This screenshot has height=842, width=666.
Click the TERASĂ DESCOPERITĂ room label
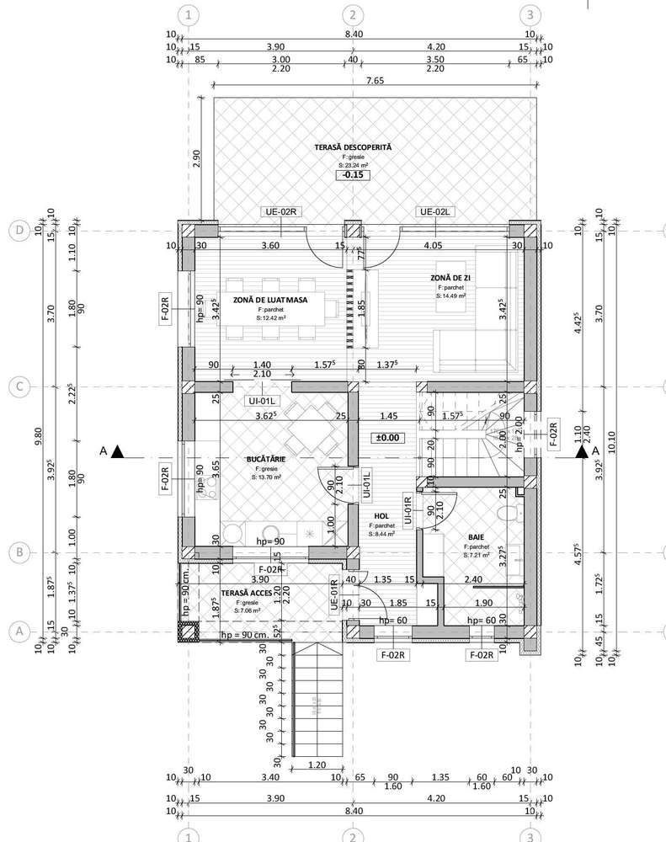353,147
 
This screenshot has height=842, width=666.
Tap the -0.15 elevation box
353,176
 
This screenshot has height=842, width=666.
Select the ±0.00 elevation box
388,438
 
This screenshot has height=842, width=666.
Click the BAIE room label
476,536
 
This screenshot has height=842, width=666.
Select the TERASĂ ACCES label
246,593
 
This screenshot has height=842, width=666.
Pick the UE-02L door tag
436,212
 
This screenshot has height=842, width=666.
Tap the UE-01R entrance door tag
333,594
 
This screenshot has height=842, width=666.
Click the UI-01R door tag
408,509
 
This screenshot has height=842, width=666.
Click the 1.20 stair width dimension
317,765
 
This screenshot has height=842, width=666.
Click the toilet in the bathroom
506,514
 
